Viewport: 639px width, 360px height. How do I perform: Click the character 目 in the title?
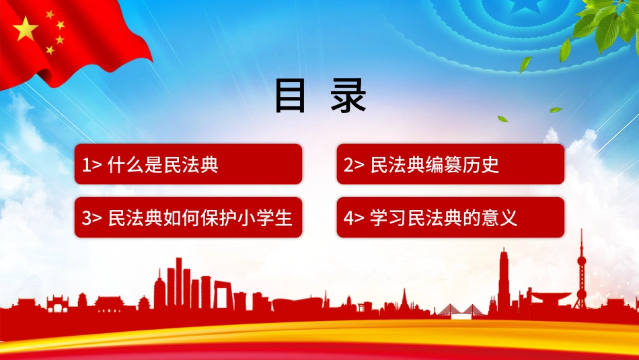(x=290, y=96)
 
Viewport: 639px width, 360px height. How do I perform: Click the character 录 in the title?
(x=348, y=96)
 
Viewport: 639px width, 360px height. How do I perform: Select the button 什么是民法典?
(x=188, y=164)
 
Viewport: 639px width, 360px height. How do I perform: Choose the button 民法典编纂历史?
(x=450, y=164)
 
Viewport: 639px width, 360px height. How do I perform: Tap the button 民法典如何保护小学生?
(x=188, y=217)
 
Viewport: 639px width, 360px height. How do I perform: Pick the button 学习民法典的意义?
(x=450, y=217)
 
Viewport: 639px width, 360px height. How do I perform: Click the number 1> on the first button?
(x=91, y=165)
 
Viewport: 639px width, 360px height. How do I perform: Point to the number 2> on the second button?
(x=354, y=165)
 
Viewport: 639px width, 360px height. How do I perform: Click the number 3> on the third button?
(x=91, y=218)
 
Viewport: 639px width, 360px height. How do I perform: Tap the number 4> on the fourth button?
(x=354, y=218)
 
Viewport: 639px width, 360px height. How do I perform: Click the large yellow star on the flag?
(x=26, y=28)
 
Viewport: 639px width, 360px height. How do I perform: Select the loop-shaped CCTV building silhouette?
(x=223, y=295)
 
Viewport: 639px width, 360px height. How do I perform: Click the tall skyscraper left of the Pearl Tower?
(x=504, y=281)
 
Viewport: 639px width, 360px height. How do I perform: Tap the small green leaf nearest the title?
(x=502, y=119)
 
